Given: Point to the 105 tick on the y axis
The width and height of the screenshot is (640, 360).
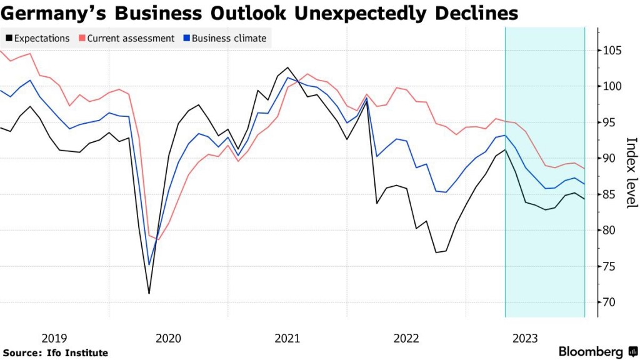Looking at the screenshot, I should coord(613,51).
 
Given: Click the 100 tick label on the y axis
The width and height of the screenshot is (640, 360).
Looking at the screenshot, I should coord(613,86).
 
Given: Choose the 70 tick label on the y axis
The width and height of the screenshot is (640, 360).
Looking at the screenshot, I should coord(611,302).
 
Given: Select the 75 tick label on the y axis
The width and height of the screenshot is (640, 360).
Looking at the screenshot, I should coord(611,267).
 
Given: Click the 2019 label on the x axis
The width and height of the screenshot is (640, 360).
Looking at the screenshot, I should coord(54,338).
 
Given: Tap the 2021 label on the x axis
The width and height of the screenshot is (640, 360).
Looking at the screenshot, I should coord(287,338).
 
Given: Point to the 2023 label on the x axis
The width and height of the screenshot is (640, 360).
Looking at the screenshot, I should coord(525,338).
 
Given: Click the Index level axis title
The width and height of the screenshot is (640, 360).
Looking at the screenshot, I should coord(631,172).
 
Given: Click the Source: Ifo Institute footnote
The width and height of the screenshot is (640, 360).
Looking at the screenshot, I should coord(56,353).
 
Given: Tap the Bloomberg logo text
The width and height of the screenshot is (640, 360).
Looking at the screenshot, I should coord(591,351).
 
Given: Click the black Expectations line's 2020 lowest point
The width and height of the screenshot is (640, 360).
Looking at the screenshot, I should coord(149,293).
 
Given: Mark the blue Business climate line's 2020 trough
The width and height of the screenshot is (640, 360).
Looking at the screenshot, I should coord(149,264).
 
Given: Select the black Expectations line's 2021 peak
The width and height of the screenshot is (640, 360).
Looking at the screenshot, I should coord(287,67).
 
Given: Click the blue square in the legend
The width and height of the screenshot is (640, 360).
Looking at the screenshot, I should coord(186,38).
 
